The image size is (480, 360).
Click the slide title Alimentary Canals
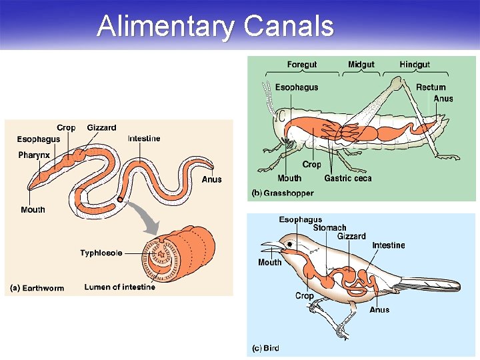[215, 26]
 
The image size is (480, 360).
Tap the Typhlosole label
[101, 253]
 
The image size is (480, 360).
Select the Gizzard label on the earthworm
[101, 127]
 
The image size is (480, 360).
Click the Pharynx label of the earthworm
[34, 155]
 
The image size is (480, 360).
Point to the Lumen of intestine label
[119, 287]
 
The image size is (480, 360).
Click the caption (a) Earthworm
[37, 288]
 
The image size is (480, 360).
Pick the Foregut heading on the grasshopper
[302, 65]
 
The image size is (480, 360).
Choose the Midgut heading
[361, 65]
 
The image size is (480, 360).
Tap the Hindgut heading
[415, 65]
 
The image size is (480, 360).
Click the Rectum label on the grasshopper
[431, 87]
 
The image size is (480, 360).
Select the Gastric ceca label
[348, 178]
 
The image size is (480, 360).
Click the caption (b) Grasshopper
[282, 193]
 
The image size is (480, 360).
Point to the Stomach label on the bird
[329, 228]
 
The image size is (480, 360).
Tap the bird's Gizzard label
[351, 237]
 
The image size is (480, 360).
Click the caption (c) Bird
[265, 348]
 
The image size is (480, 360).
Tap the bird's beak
[269, 247]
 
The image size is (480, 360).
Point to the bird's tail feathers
[430, 285]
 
